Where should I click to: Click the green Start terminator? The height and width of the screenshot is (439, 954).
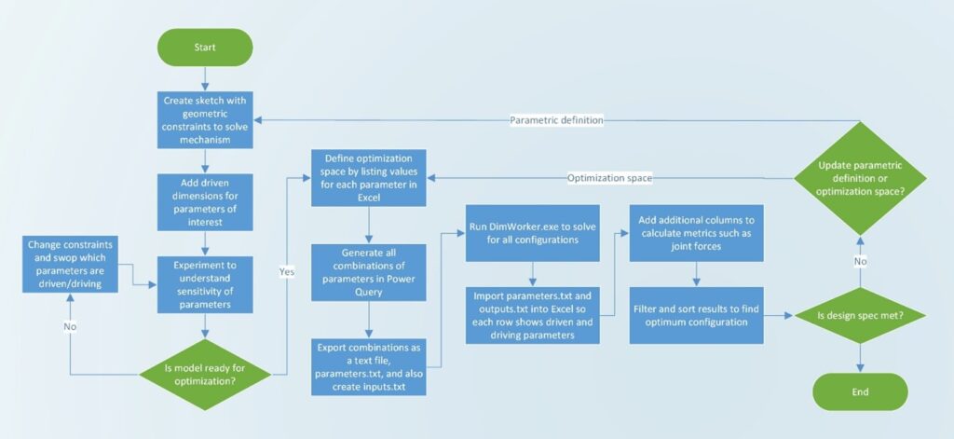click(205, 47)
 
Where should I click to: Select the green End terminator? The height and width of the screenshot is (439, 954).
click(860, 391)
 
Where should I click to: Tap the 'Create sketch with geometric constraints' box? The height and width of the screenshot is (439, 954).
click(205, 120)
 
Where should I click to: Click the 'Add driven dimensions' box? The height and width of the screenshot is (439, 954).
click(205, 202)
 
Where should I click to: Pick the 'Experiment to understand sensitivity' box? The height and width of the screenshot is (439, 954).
click(205, 284)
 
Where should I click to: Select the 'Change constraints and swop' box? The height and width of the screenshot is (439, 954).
click(70, 265)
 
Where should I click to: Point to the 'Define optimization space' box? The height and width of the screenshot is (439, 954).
click(368, 178)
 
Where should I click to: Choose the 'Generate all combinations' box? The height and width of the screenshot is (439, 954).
click(368, 273)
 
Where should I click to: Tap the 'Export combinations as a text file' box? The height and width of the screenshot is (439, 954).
click(368, 368)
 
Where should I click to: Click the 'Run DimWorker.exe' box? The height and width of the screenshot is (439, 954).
click(532, 233)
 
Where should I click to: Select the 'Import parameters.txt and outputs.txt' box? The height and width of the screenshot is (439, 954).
click(532, 315)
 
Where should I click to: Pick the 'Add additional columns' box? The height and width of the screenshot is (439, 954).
click(696, 233)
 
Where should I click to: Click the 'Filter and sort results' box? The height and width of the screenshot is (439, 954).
click(696, 315)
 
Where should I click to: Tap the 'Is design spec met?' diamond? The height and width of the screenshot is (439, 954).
click(860, 315)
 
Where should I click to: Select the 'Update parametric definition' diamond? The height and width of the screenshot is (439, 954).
click(860, 178)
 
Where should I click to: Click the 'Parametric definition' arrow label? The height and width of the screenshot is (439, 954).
click(556, 120)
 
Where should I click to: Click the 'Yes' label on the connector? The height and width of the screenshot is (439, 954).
click(287, 272)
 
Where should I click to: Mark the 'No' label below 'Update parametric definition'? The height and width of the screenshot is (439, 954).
click(860, 261)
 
